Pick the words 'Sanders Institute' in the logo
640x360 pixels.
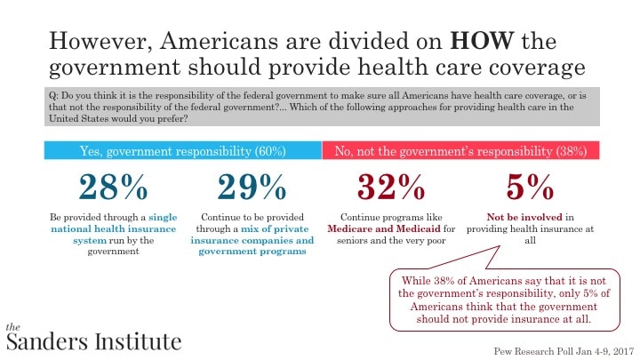(92, 340)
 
